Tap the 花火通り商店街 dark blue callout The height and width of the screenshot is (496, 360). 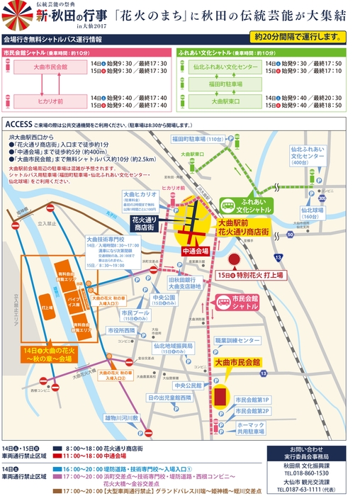pyautogui.click(x=146, y=225)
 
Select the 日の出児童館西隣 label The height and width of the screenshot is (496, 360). pyautogui.click(x=169, y=398)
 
